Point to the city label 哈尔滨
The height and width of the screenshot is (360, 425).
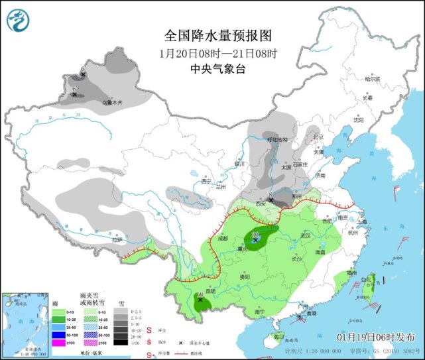[x=373, y=79]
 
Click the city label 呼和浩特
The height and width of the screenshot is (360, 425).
[x=278, y=140]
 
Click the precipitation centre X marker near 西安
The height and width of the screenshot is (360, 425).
[x=271, y=200]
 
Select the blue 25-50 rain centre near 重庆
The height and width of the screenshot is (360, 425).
[x=255, y=239]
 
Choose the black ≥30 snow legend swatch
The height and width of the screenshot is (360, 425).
[x=120, y=342]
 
